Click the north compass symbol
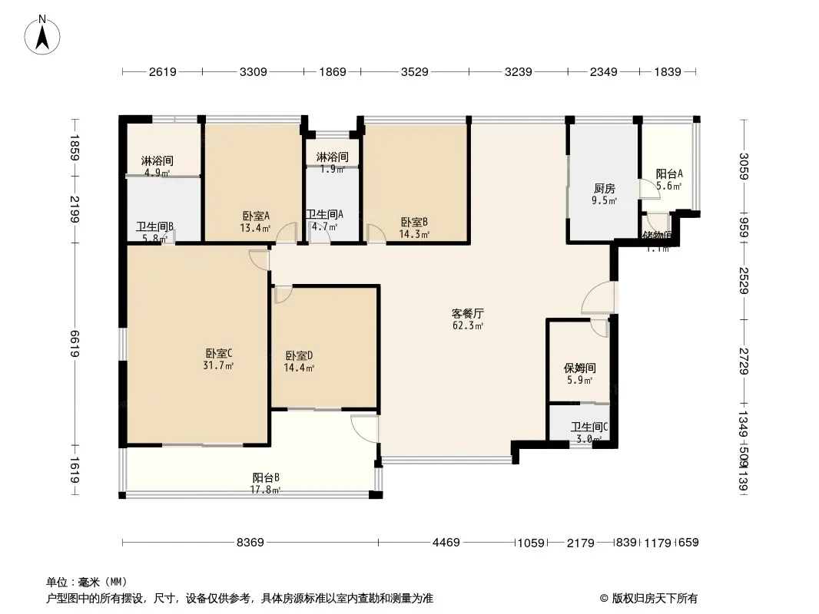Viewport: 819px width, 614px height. pyautogui.click(x=43, y=34)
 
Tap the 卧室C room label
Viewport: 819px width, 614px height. pyautogui.click(x=219, y=353)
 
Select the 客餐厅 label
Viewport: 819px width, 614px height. pyautogui.click(x=467, y=314)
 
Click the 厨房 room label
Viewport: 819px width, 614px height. pyautogui.click(x=604, y=188)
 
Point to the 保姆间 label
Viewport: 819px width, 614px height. pyautogui.click(x=579, y=368)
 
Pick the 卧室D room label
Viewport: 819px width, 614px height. pyautogui.click(x=299, y=355)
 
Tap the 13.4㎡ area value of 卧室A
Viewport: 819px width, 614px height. pyautogui.click(x=256, y=228)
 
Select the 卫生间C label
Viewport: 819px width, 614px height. pyautogui.click(x=589, y=427)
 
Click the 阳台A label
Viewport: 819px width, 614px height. pyautogui.click(x=668, y=173)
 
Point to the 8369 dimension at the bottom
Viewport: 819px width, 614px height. pyautogui.click(x=250, y=543)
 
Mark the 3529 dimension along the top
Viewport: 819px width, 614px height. pyautogui.click(x=414, y=72)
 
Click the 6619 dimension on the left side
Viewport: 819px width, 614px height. pyautogui.click(x=75, y=343)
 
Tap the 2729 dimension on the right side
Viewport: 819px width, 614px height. pyautogui.click(x=741, y=360)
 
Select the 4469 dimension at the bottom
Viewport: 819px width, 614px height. pyautogui.click(x=446, y=543)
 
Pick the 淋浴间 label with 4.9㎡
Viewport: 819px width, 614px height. pyautogui.click(x=157, y=162)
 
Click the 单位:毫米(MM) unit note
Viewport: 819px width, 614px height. pyautogui.click(x=86, y=581)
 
